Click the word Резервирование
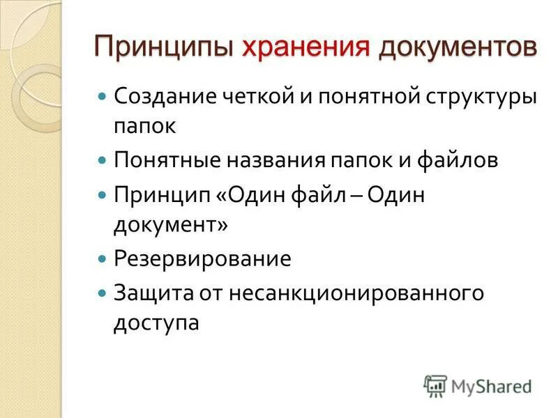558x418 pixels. pos(202,259)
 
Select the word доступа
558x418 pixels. pos(156,324)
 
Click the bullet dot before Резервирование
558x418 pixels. pos(102,259)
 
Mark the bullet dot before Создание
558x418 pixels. pos(102,96)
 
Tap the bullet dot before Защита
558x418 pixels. pos(102,293)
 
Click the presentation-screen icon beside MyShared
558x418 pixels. pos(435,385)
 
